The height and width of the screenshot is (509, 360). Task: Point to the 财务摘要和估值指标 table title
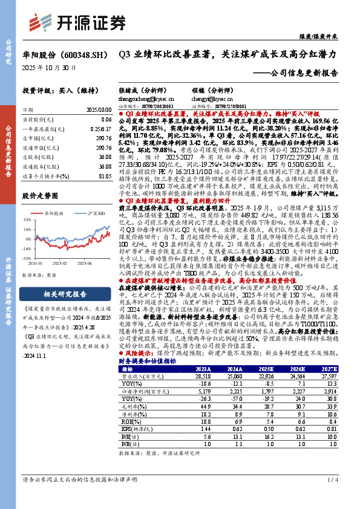(147, 360)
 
